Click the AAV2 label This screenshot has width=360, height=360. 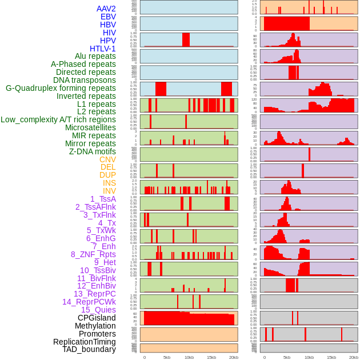coord(106,9)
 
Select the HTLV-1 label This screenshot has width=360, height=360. coord(102,49)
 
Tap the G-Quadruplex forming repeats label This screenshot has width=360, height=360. coord(61,88)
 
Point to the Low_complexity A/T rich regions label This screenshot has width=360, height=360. coord(58,119)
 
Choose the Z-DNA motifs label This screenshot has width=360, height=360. coord(92,151)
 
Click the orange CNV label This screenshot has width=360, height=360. coord(107,159)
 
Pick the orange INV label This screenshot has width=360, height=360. coord(109,191)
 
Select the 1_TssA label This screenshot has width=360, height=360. coord(103,199)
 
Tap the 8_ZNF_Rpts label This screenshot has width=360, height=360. coord(93,254)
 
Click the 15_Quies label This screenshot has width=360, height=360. coord(97,310)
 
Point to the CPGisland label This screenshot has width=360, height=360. coord(97,318)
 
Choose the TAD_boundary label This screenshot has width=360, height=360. coord(89,349)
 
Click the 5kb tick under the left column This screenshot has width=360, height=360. coord(167,357)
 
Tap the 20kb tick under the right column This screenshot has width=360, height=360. coord(354,357)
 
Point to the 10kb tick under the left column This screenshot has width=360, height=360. coord(189,357)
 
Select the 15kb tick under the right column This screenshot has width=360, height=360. coord(331,357)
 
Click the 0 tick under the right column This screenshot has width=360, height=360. coord(264,357)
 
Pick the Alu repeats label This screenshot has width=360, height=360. coord(95,56)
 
